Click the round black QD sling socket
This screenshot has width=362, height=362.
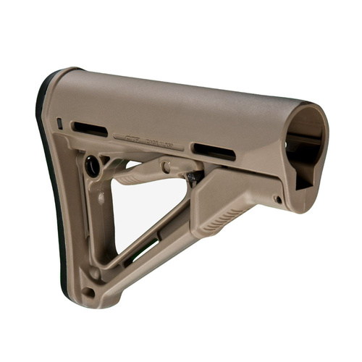coord(93,166)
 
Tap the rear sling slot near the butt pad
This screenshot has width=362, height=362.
coord(90,130)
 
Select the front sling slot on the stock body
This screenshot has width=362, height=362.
coord(214,151)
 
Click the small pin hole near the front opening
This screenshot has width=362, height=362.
coord(277,199)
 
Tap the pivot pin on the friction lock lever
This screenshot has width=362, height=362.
coord(166,167)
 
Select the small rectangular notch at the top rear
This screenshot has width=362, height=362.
coord(59,123)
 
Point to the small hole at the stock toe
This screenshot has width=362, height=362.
coord(88,291)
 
